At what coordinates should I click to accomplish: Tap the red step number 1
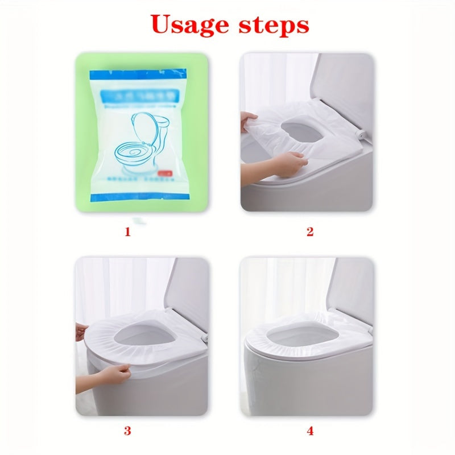coord(127,231)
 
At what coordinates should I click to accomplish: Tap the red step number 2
coord(310,231)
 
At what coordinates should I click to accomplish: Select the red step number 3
coord(127,431)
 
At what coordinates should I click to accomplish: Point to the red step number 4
coord(310,431)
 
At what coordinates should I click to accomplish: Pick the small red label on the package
coord(167,169)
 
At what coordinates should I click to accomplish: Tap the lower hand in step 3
coord(117,373)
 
